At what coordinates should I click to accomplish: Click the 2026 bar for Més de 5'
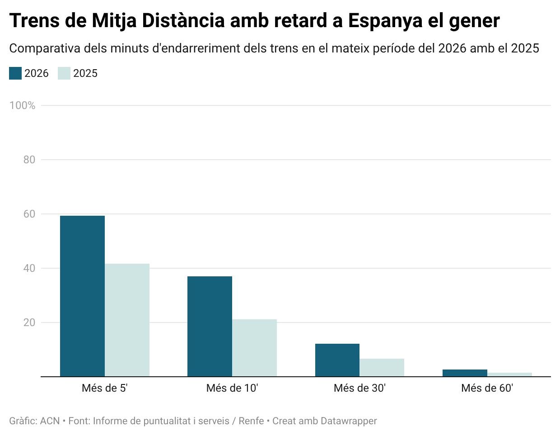coord(82,296)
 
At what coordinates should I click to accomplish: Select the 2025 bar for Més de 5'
coord(127,320)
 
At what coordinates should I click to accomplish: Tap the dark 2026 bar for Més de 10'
coord(210,326)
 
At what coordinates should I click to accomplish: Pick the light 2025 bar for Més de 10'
coord(254,348)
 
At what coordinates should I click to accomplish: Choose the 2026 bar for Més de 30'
coord(337,360)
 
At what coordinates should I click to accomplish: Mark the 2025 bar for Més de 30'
coord(382,367)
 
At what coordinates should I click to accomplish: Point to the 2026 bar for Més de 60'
coord(465,373)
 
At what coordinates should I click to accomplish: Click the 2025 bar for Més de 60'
coord(509,374)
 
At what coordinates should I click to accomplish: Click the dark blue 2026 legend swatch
coord(15,73)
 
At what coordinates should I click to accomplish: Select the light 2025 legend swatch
coord(64,73)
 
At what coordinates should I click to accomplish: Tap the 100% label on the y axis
coord(22,105)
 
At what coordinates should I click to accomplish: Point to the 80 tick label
coord(29,160)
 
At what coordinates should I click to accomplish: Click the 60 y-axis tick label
coord(29,214)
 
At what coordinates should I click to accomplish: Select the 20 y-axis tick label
coord(29,322)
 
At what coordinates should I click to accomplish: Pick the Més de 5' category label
coord(105,388)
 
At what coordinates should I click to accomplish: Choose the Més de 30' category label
coord(359,388)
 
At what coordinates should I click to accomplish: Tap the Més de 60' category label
coord(487,388)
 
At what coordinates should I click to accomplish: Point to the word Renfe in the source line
coord(251,421)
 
